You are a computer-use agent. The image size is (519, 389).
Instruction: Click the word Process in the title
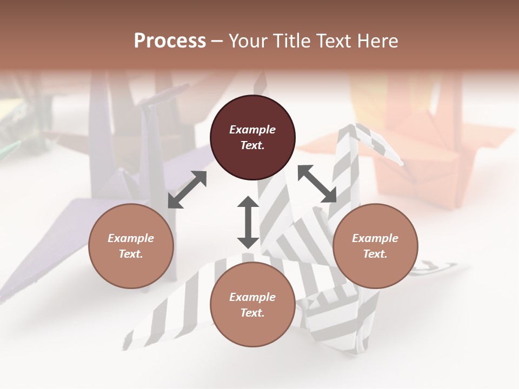tap(170, 41)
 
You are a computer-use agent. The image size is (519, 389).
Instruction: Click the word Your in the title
tap(248, 41)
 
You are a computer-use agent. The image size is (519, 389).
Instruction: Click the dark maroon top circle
tap(252, 137)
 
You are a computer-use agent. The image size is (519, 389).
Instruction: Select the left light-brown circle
tap(131, 246)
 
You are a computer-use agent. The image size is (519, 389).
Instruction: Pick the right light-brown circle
tap(375, 246)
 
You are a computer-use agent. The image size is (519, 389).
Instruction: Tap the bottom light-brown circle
tap(252, 305)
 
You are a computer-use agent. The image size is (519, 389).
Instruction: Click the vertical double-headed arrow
tap(248, 222)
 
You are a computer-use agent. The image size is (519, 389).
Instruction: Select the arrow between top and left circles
tap(187, 190)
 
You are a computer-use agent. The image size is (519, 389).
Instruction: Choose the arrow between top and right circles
tap(317, 184)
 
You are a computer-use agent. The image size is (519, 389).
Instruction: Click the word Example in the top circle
tap(252, 130)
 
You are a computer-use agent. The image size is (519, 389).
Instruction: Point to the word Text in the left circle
tap(131, 254)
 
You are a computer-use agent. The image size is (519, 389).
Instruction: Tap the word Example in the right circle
tap(375, 238)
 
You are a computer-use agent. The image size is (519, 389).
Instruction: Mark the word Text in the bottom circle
tap(252, 313)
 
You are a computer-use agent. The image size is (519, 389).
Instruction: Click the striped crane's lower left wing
tap(173, 308)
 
